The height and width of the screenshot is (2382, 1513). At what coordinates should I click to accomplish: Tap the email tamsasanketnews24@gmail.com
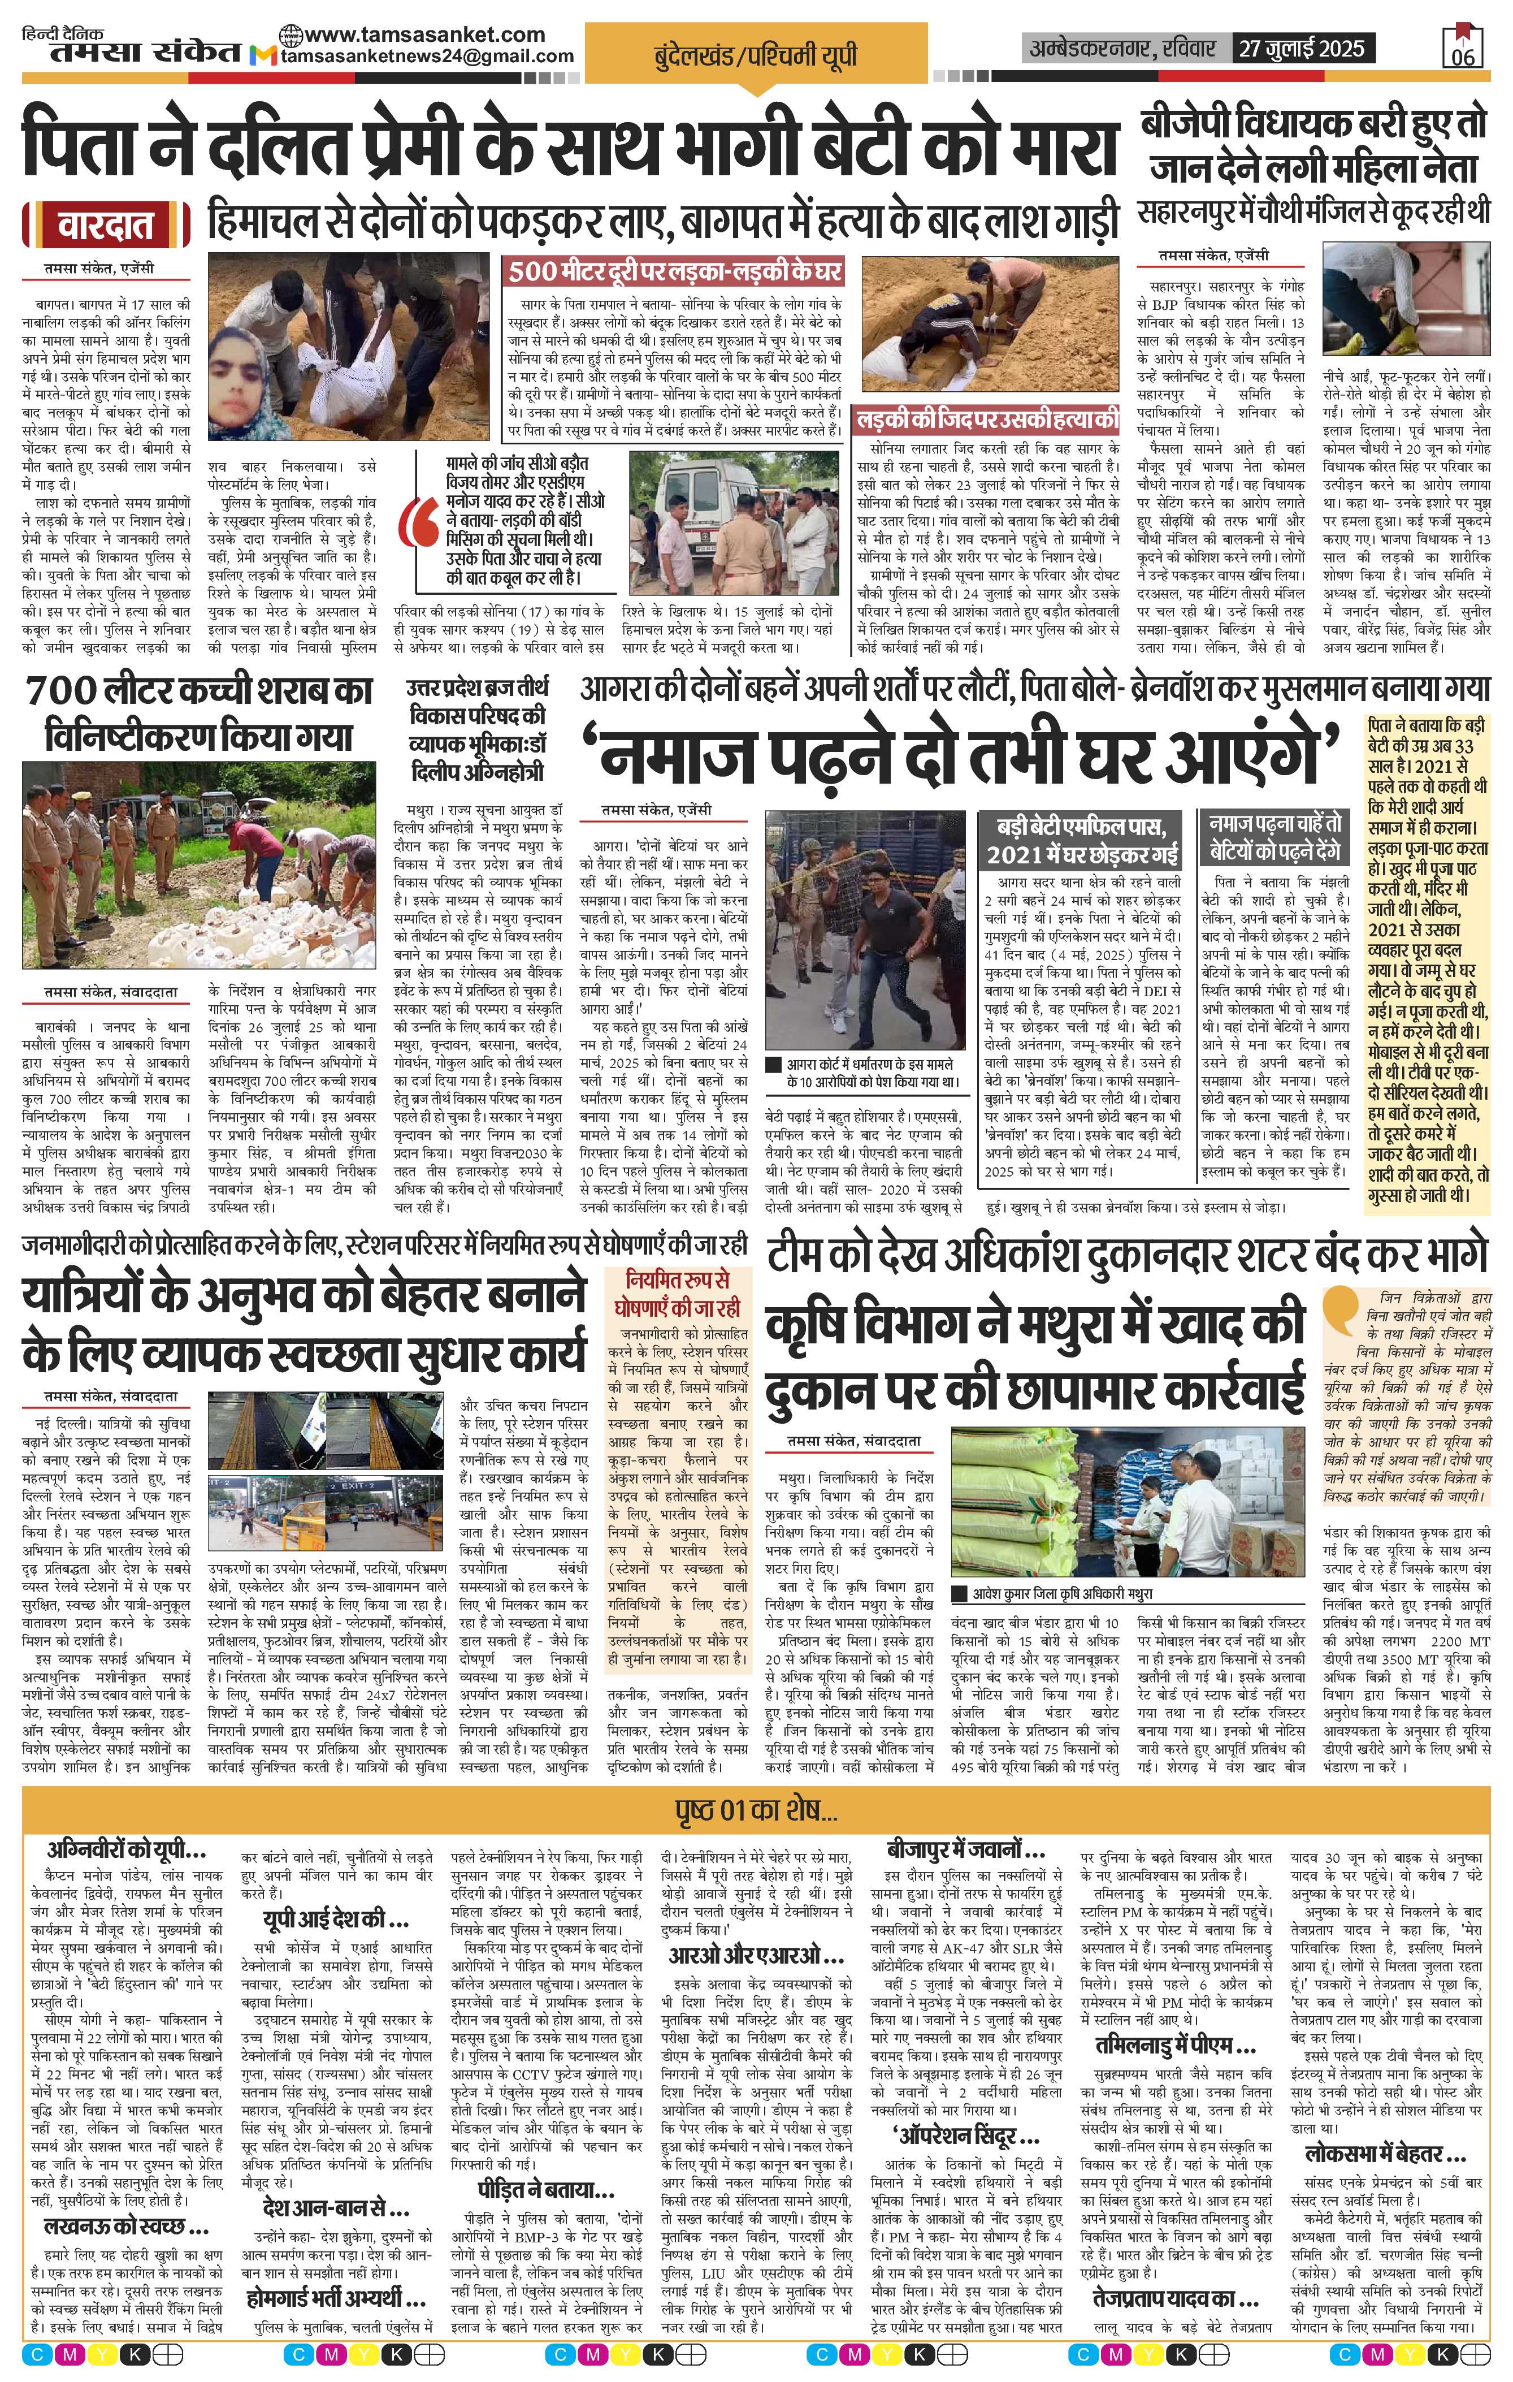tap(427, 57)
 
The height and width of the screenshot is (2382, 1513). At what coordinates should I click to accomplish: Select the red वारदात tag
tap(105, 227)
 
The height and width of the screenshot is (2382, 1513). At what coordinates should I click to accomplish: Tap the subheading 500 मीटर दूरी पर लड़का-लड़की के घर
tap(675, 271)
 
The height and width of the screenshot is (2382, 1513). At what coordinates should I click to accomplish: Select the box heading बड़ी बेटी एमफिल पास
tap(1086, 838)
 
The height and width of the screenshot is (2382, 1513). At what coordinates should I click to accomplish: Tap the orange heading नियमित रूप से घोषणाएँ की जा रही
tap(680, 1291)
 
